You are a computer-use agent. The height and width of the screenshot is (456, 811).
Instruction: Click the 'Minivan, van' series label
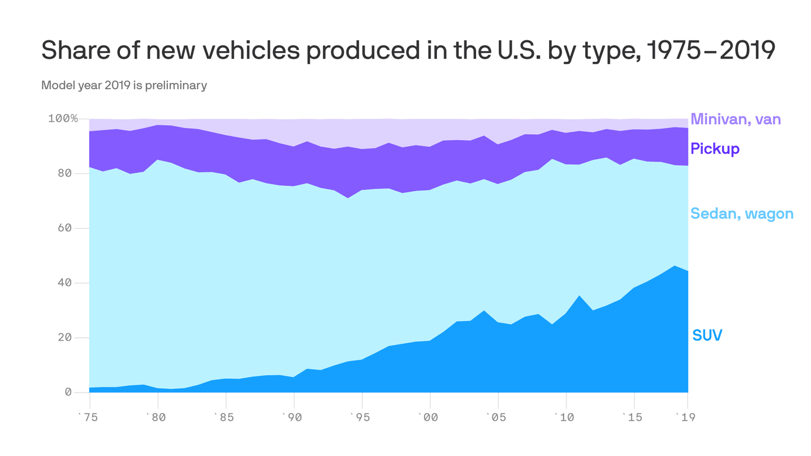click(736, 119)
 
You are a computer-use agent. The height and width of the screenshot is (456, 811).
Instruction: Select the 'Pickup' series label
click(715, 148)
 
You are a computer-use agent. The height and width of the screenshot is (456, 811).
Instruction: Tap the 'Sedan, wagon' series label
click(742, 214)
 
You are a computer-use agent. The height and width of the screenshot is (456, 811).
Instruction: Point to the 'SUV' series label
click(707, 335)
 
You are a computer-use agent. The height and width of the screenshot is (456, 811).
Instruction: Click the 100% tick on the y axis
click(63, 119)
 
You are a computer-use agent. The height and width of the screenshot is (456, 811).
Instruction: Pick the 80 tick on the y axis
click(65, 173)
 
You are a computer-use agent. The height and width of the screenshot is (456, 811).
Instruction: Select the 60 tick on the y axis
click(65, 228)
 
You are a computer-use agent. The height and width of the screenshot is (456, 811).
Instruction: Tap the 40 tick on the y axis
click(65, 283)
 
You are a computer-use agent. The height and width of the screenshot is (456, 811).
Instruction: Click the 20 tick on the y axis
click(65, 337)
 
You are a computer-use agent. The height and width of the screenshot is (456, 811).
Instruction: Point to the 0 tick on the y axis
click(68, 392)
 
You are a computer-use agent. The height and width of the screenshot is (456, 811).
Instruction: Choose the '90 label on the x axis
click(293, 417)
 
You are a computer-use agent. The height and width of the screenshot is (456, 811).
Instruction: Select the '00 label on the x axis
click(428, 417)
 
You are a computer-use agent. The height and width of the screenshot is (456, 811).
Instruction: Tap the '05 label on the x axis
click(496, 417)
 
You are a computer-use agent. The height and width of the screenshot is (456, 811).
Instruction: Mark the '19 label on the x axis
click(686, 417)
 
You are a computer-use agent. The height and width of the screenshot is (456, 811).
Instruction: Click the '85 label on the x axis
click(225, 417)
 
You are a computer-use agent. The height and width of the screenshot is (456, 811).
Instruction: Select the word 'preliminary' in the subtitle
click(180, 85)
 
